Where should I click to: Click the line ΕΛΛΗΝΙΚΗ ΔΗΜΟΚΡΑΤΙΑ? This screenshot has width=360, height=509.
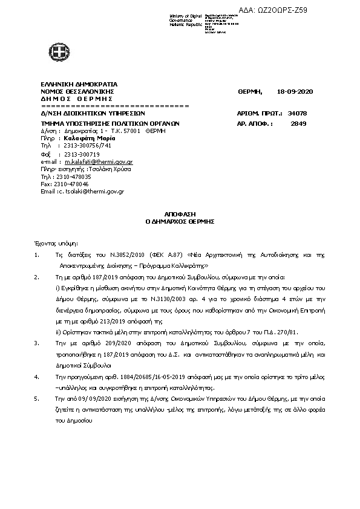pyautogui.click(x=79, y=84)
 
